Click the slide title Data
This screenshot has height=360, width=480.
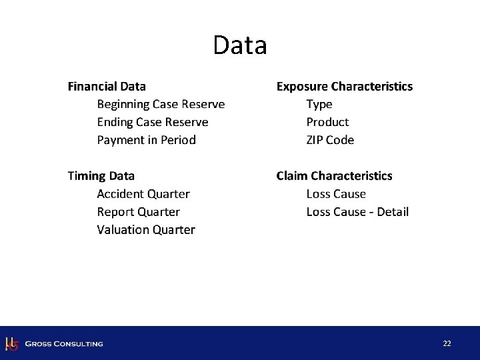240,45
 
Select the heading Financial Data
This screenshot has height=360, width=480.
107,86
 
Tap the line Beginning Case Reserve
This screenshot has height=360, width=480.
161,104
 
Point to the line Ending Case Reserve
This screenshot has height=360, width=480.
153,122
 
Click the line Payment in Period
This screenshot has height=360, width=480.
147,140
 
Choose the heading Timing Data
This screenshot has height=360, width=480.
101,176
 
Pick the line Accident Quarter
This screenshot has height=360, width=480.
143,194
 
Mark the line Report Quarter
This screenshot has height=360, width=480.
139,212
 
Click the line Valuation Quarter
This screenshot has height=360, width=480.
146,230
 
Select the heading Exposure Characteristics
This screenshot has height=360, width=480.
345,86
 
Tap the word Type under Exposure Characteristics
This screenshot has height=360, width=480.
319,104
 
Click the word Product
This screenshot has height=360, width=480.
327,122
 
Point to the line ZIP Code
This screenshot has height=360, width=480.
330,140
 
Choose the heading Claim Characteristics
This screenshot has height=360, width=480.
335,176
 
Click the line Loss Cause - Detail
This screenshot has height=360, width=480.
357,212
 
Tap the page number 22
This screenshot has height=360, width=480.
447,343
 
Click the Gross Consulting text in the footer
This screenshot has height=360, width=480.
64,344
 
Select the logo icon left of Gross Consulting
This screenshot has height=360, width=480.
11,343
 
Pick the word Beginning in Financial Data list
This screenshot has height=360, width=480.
123,105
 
